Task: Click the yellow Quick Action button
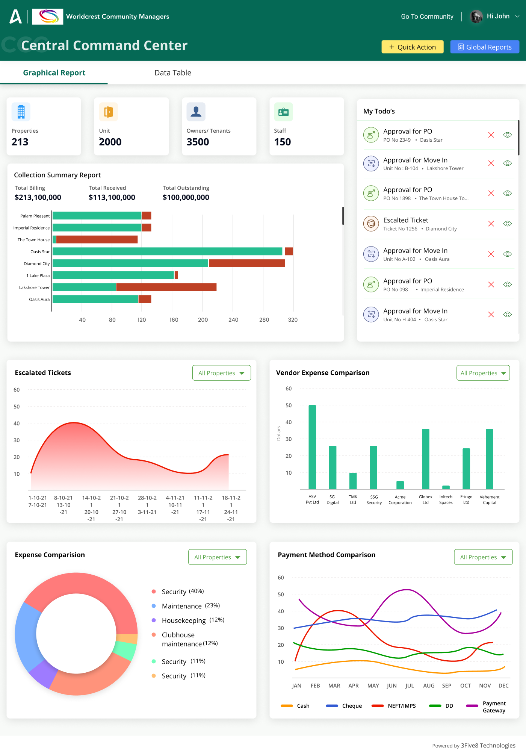(412, 47)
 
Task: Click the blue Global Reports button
(484, 47)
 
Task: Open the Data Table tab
(173, 73)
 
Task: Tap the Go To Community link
(427, 17)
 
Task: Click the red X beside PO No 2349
(491, 135)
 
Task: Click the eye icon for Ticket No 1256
(507, 224)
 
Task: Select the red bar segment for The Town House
(97, 239)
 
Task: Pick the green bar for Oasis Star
(167, 251)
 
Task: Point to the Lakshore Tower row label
(34, 287)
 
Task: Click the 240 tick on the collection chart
(233, 320)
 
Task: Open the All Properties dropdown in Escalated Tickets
(221, 373)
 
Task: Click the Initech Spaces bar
(446, 487)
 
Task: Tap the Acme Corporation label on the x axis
(400, 499)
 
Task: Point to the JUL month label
(410, 685)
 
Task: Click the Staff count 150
(283, 142)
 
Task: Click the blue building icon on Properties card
(21, 112)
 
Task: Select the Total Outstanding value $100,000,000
(186, 197)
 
